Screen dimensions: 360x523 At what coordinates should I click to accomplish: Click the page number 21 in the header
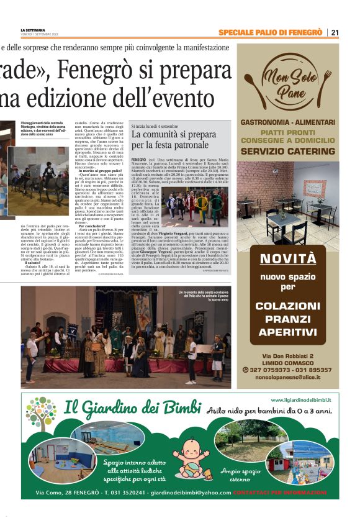click(335, 32)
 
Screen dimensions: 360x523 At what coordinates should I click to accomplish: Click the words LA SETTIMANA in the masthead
click(33, 30)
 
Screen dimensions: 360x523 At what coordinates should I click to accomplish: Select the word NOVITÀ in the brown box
click(287, 259)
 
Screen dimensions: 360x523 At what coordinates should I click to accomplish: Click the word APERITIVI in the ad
click(287, 332)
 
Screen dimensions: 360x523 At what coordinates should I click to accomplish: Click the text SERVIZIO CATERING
click(287, 151)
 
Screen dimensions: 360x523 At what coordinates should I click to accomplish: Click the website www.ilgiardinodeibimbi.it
click(300, 401)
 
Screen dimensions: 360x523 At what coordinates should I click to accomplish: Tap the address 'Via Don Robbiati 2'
click(287, 356)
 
